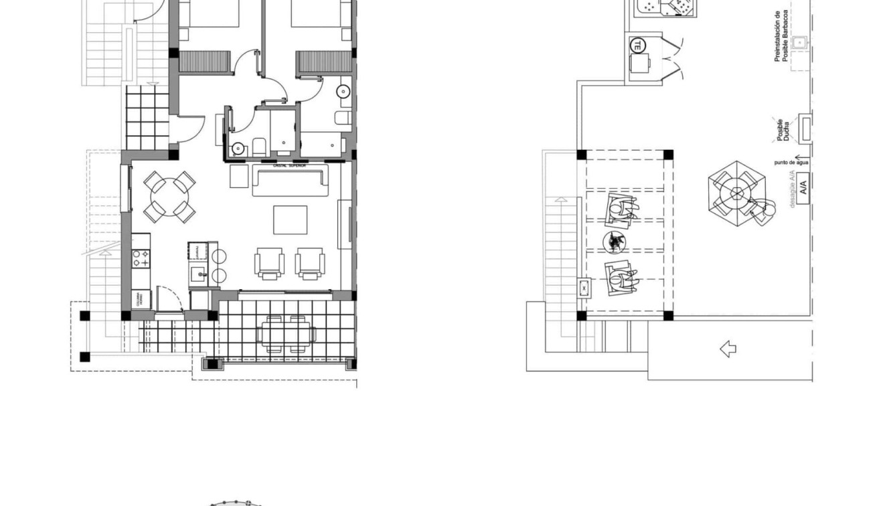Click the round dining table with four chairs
tap(170, 195)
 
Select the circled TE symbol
tap(637, 46)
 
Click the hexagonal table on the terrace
tap(737, 189)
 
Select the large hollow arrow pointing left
tap(728, 349)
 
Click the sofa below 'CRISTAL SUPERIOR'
tap(291, 181)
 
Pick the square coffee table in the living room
tap(290, 220)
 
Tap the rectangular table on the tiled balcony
tap(289, 332)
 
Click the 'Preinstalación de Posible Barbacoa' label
tap(781, 37)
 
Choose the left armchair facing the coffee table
tap(269, 263)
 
